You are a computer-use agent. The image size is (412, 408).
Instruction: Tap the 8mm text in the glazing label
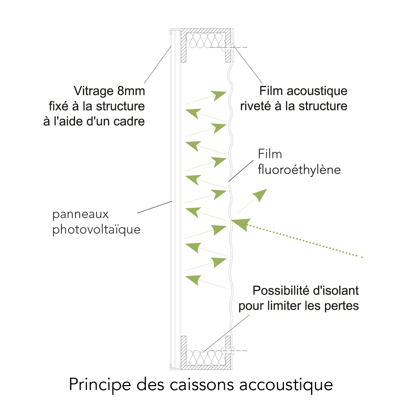click(x=131, y=91)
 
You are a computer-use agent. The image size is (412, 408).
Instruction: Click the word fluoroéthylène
click(x=299, y=170)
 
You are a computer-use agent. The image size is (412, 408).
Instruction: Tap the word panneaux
click(x=80, y=215)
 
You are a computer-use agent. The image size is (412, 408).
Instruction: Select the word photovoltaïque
click(x=97, y=230)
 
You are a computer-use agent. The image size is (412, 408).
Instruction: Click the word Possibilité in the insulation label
click(x=281, y=291)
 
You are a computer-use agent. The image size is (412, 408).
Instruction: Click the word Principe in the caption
click(x=100, y=385)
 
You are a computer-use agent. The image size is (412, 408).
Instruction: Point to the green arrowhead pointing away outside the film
click(x=260, y=195)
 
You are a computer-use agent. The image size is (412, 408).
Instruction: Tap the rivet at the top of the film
click(x=227, y=47)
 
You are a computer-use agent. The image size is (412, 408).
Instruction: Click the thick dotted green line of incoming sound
click(x=305, y=241)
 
